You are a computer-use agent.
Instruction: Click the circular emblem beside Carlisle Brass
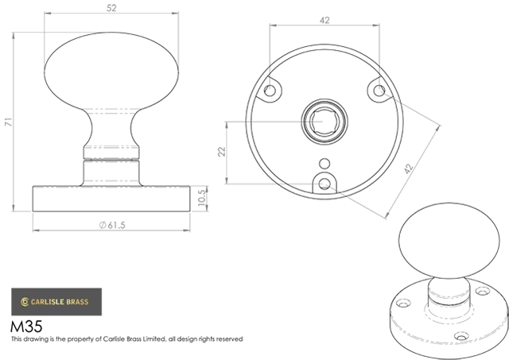click(x=25, y=302)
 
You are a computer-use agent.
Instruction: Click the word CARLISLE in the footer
click(x=49, y=302)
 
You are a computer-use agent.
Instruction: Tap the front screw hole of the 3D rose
click(x=460, y=336)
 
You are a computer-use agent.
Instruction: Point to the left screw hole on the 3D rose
click(x=403, y=304)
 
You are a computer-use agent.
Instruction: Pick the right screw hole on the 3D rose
click(x=482, y=295)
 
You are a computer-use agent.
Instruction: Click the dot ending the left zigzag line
click(x=270, y=91)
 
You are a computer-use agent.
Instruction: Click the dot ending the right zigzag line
click(x=379, y=91)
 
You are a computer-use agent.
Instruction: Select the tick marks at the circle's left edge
click(x=249, y=124)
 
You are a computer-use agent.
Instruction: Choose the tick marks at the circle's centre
click(x=306, y=123)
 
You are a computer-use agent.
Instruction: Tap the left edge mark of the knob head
click(x=44, y=73)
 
